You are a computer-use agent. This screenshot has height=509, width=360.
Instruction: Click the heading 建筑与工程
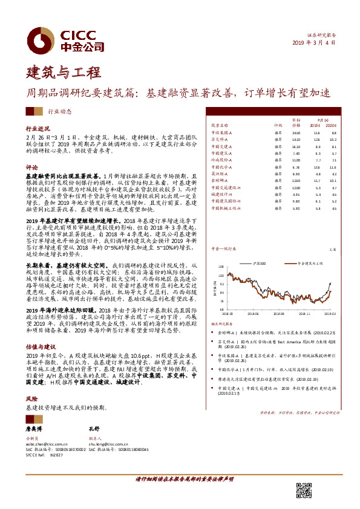coord(63,73)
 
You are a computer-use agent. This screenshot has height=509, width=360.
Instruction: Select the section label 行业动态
coord(59,111)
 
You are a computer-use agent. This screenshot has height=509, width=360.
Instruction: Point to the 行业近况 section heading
coord(36,129)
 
